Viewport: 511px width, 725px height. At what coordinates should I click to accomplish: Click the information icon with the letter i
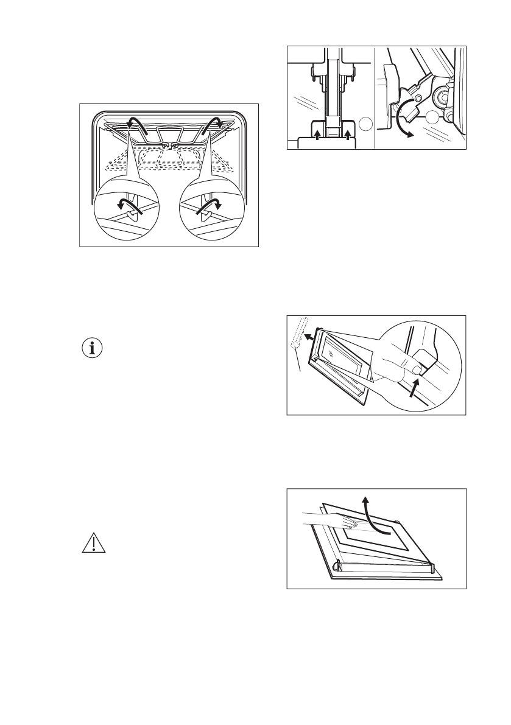(x=93, y=349)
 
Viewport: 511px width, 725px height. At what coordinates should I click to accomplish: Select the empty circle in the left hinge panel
(x=364, y=124)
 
